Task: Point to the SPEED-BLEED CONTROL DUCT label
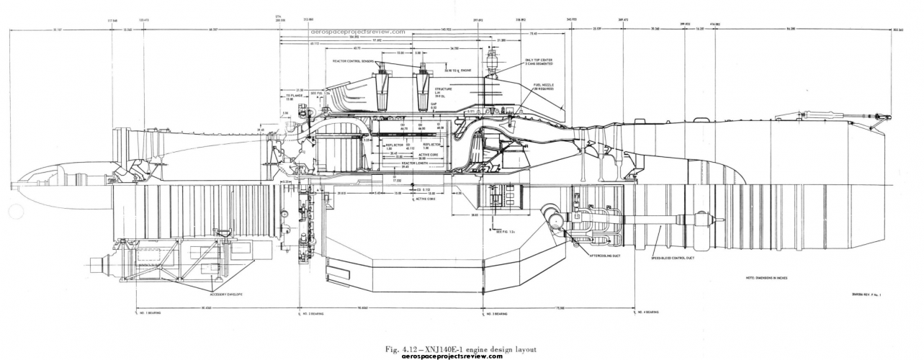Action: pos(673,256)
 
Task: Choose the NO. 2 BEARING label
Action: pos(312,313)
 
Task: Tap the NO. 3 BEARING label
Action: pos(495,313)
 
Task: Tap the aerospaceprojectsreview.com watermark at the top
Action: pos(358,32)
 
